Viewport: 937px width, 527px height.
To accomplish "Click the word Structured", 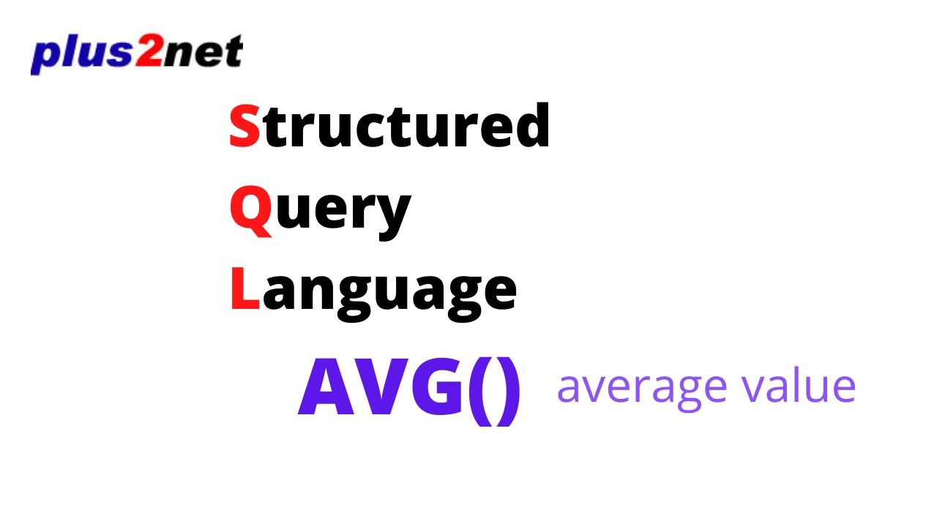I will [x=389, y=126].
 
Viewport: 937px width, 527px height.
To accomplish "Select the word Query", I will [x=320, y=210].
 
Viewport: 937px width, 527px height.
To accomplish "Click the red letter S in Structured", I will [x=244, y=126].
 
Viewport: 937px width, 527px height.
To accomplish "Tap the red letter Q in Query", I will [x=250, y=210].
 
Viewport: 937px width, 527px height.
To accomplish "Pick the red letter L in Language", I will [x=244, y=288].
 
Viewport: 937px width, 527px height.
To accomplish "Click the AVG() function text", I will [x=410, y=389].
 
